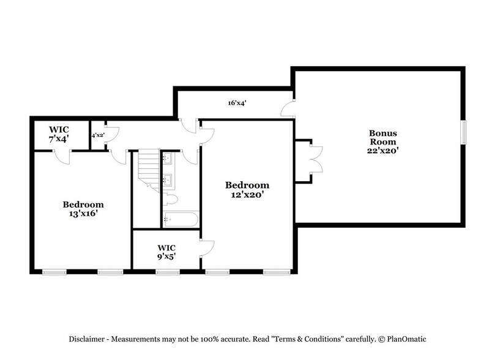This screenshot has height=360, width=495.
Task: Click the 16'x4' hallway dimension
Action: coord(237,103)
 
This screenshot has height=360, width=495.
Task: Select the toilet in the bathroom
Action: coord(169,198)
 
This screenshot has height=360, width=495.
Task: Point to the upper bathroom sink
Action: coord(167,159)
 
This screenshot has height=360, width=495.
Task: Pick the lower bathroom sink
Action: coord(167,181)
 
